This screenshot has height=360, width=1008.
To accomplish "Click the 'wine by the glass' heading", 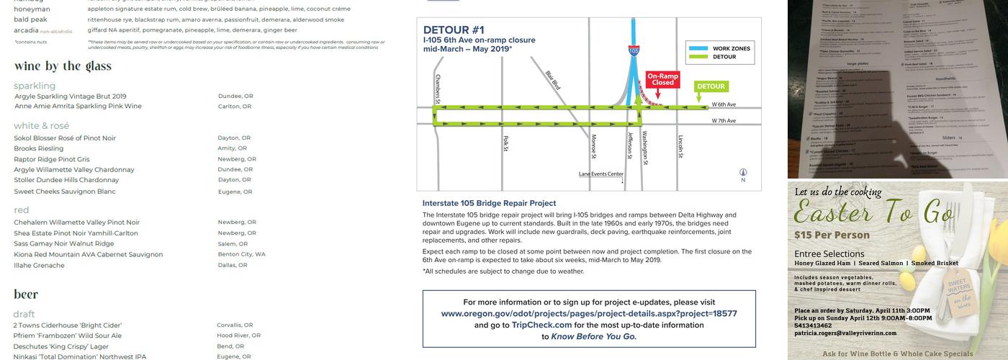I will point(63,66).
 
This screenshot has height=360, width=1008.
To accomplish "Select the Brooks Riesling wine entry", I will point(39,148).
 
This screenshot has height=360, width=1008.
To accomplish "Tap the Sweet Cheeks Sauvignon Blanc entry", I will point(65,192).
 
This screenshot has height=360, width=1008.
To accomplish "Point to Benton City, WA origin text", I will point(242,254).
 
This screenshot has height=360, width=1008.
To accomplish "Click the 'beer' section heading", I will point(26,294).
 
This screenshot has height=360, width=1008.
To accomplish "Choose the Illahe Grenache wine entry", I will point(39,265).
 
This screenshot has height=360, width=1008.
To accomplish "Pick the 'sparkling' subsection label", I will point(35,86).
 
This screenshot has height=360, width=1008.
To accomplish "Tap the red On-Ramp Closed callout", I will point(662,79).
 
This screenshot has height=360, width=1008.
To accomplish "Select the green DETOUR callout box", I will point(711,86).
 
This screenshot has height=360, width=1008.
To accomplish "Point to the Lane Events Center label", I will point(601,174).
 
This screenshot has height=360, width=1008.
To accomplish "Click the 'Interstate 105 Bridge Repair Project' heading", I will point(489,203).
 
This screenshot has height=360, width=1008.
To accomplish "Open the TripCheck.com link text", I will point(541,325).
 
